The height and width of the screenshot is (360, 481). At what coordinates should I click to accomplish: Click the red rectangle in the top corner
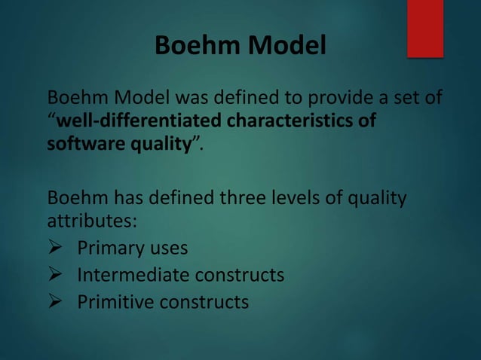click(425, 28)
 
